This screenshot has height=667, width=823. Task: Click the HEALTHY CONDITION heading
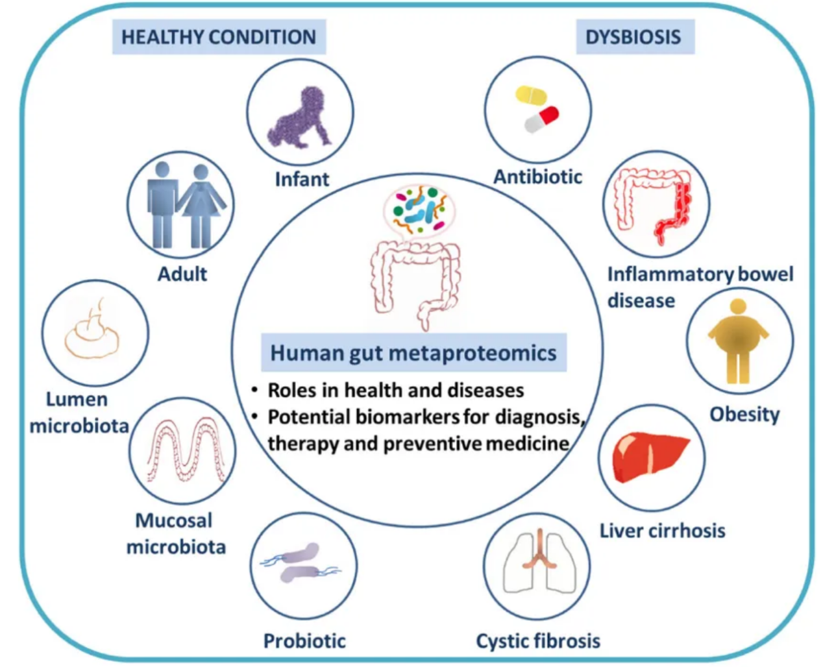pos(219,37)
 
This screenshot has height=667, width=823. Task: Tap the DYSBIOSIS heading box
pos(634,37)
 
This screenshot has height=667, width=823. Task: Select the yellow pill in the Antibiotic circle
pos(531,95)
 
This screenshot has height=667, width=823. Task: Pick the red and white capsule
pos(542,119)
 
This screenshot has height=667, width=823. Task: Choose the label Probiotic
pos(304,641)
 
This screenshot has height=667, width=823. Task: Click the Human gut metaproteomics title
pos(413,353)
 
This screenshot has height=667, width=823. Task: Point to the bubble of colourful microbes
pos(419,209)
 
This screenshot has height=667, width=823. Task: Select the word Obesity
pos(744,414)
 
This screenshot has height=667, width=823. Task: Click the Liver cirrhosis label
pos(662,531)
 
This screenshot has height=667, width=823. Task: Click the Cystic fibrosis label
pos(538,641)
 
